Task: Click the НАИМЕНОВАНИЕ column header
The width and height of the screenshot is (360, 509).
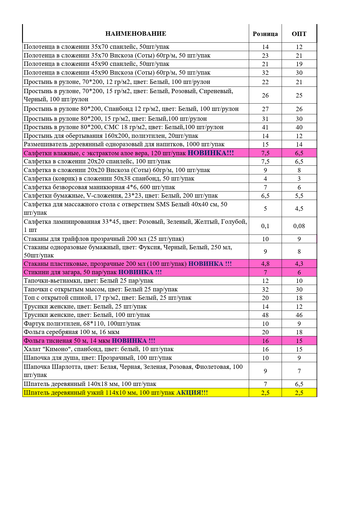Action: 136,34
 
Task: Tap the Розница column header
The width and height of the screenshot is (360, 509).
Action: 265,34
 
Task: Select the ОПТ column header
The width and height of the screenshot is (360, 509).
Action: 299,34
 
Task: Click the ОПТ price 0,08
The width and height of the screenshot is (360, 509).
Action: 299,226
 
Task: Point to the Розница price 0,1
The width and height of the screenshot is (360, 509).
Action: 265,226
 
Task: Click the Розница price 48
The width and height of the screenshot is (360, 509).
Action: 265,315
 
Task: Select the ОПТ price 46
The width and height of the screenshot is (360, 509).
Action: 299,315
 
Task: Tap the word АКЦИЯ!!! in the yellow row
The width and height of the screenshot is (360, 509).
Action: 192,393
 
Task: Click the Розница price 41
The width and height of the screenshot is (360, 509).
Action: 265,127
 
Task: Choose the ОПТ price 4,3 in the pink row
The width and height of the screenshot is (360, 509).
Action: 299,264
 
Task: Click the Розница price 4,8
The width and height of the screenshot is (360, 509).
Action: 265,264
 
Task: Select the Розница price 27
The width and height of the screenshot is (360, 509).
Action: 265,109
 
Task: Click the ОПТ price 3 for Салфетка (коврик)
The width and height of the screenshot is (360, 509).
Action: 299,179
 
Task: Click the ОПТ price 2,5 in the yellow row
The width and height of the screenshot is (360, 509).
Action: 299,393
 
